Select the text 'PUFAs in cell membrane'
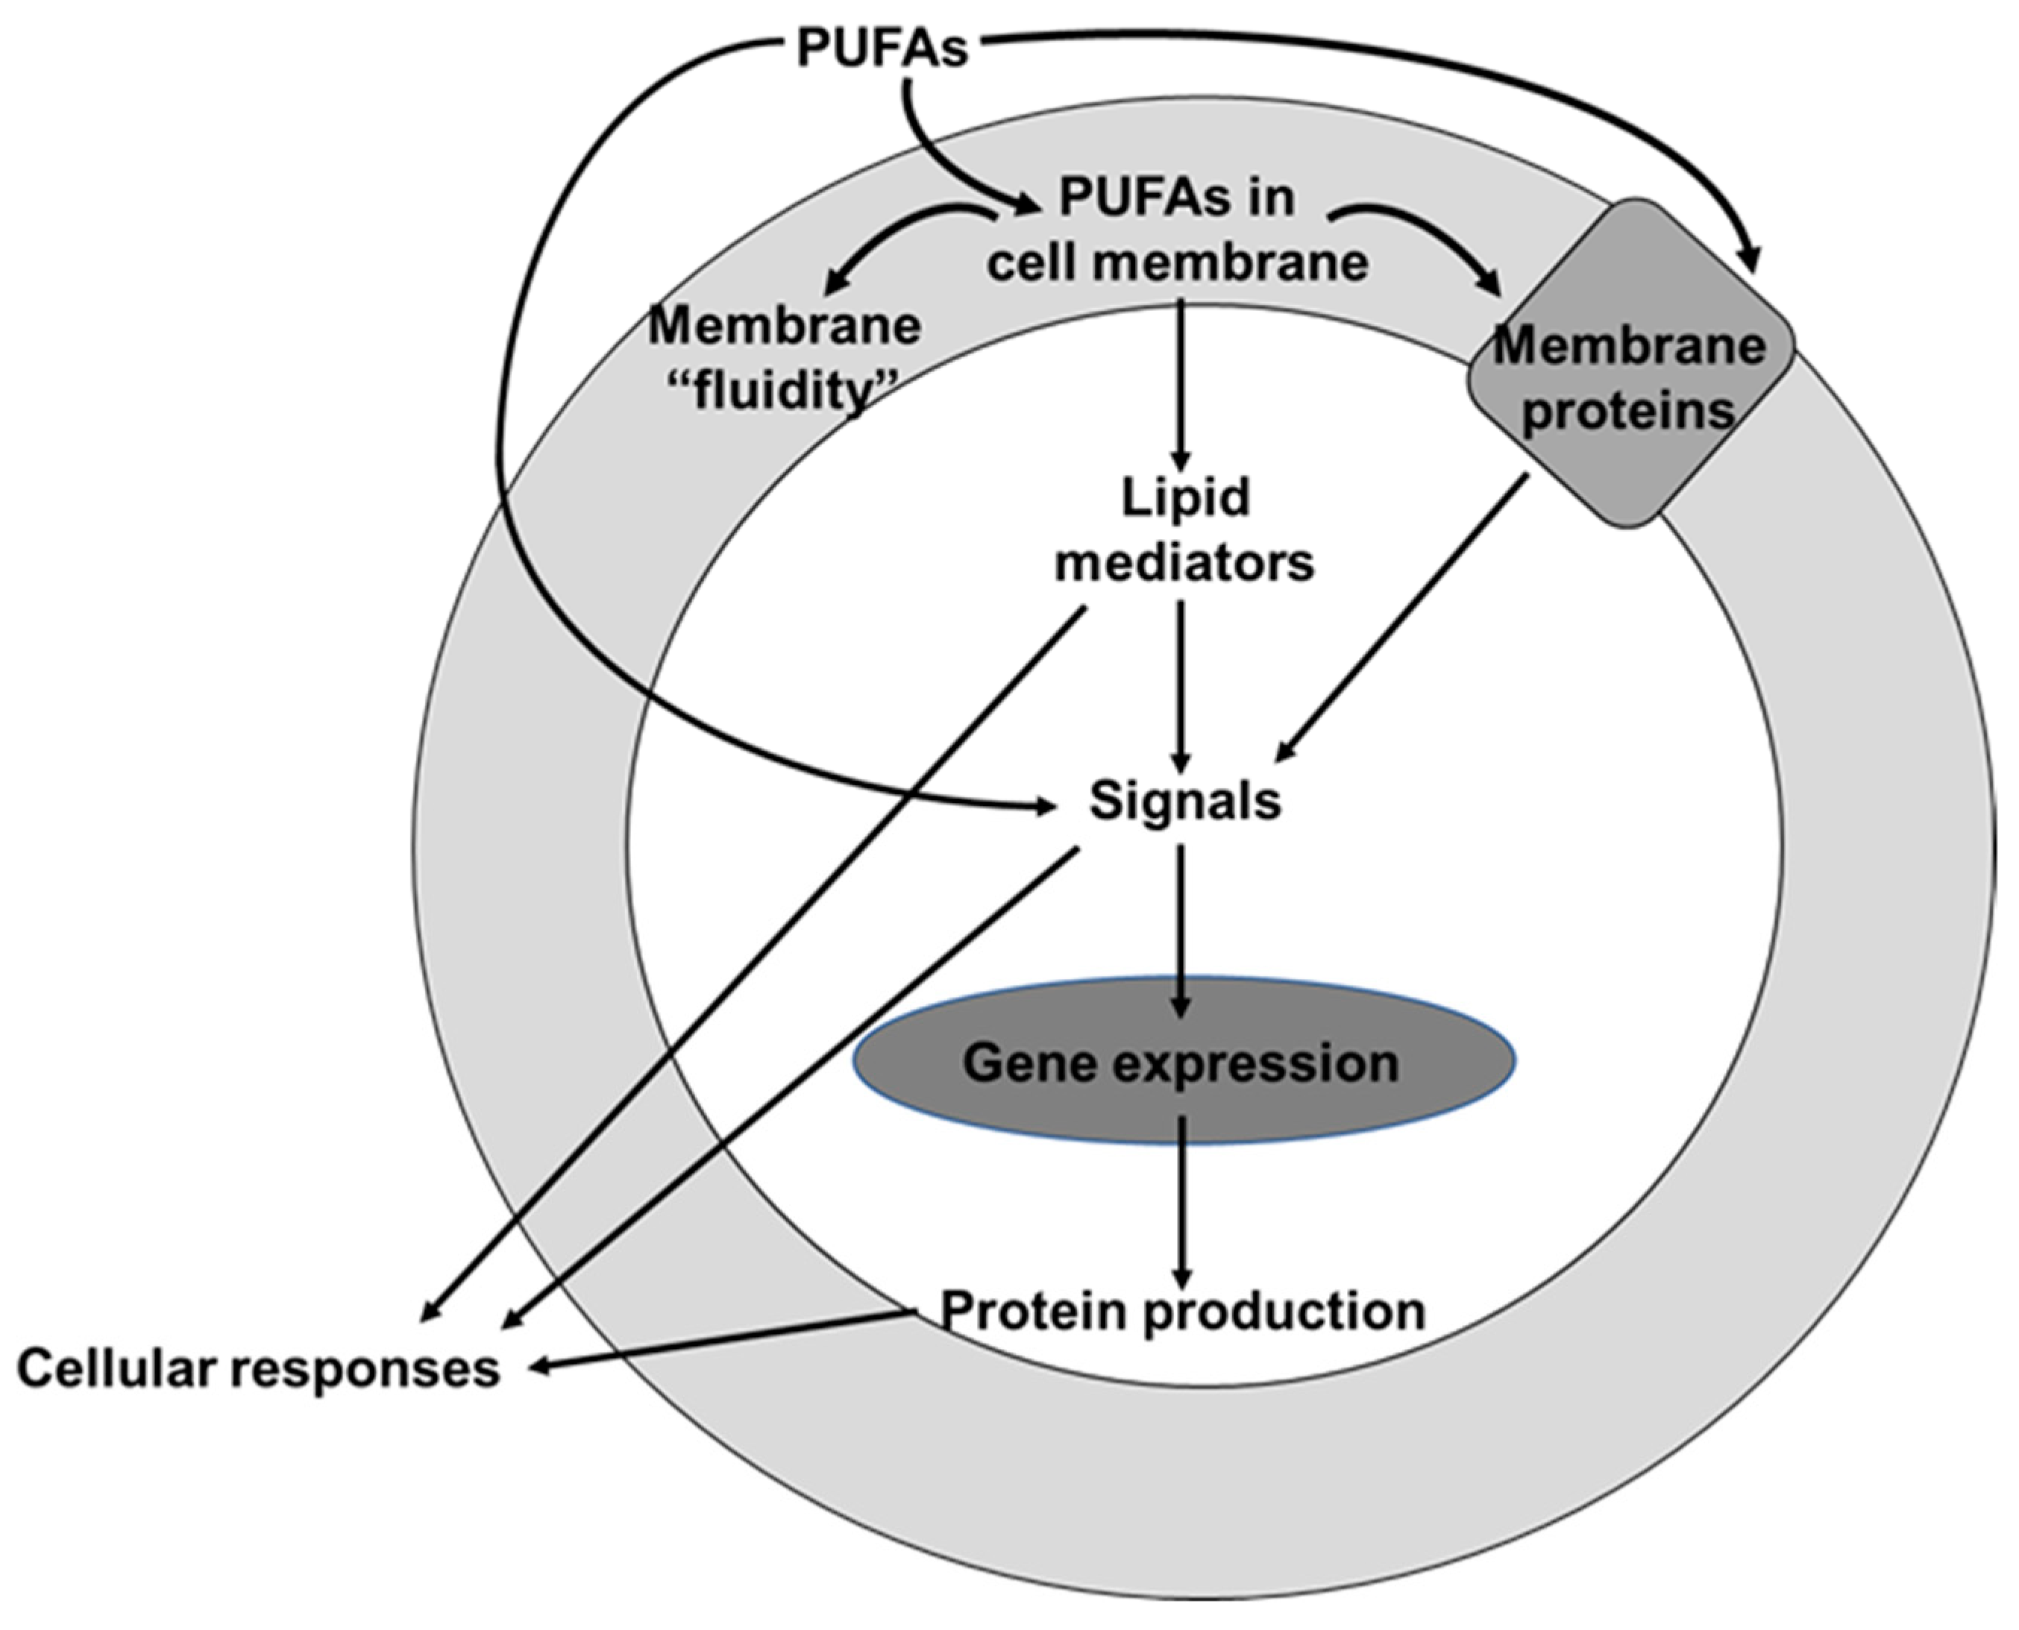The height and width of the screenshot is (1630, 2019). [x=1177, y=230]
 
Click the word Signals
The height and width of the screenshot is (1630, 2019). [x=1184, y=801]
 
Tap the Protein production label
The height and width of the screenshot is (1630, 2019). [x=1182, y=1311]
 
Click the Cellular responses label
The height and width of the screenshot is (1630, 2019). [x=258, y=1369]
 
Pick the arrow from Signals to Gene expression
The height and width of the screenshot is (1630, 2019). [x=1181, y=930]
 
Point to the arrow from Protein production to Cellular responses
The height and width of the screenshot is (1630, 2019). [x=723, y=1341]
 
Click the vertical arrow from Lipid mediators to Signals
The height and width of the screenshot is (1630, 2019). [x=1181, y=685]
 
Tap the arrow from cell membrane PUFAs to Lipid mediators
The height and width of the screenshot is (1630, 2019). [x=1181, y=385]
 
